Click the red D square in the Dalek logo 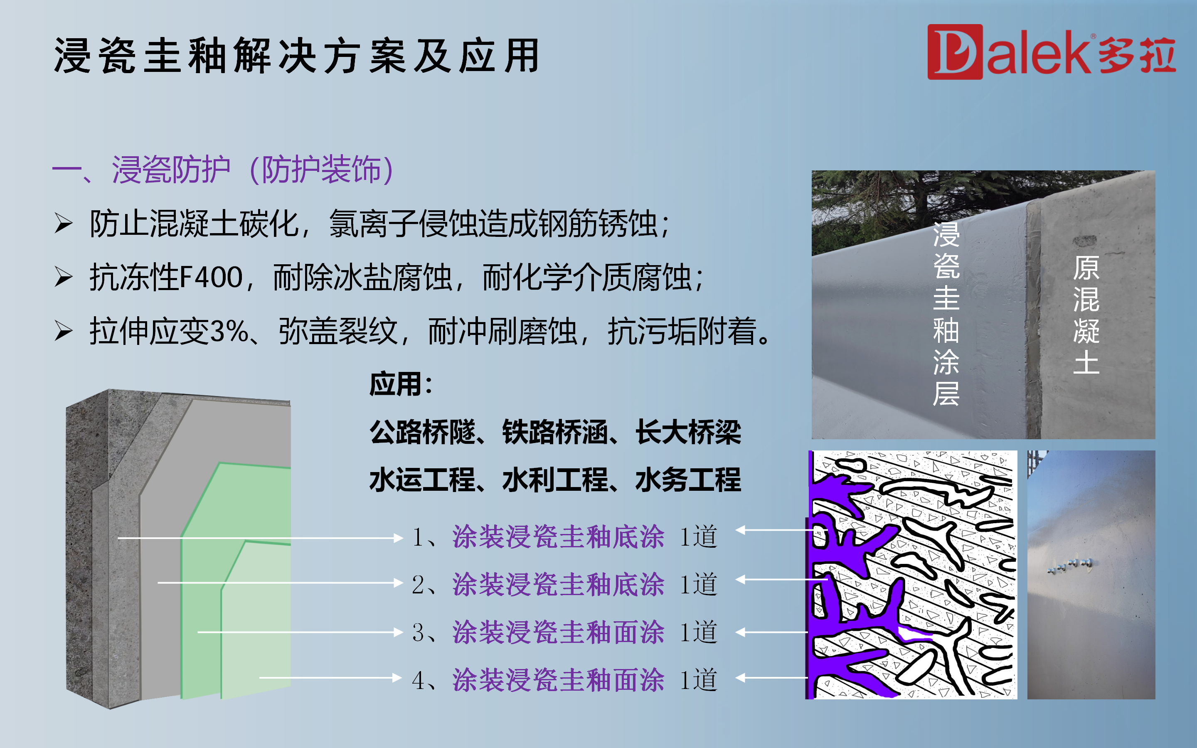pos(955,52)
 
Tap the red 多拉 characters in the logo pos(1137,55)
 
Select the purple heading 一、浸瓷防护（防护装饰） pos(223,170)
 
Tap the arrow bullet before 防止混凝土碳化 pos(63,223)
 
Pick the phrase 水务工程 pos(688,480)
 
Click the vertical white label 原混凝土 pos(1086,315)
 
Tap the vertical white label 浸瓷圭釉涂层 pos(946,314)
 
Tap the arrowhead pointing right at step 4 pos(397,678)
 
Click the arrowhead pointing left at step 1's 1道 pos(741,530)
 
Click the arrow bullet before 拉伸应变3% pos(63,330)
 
